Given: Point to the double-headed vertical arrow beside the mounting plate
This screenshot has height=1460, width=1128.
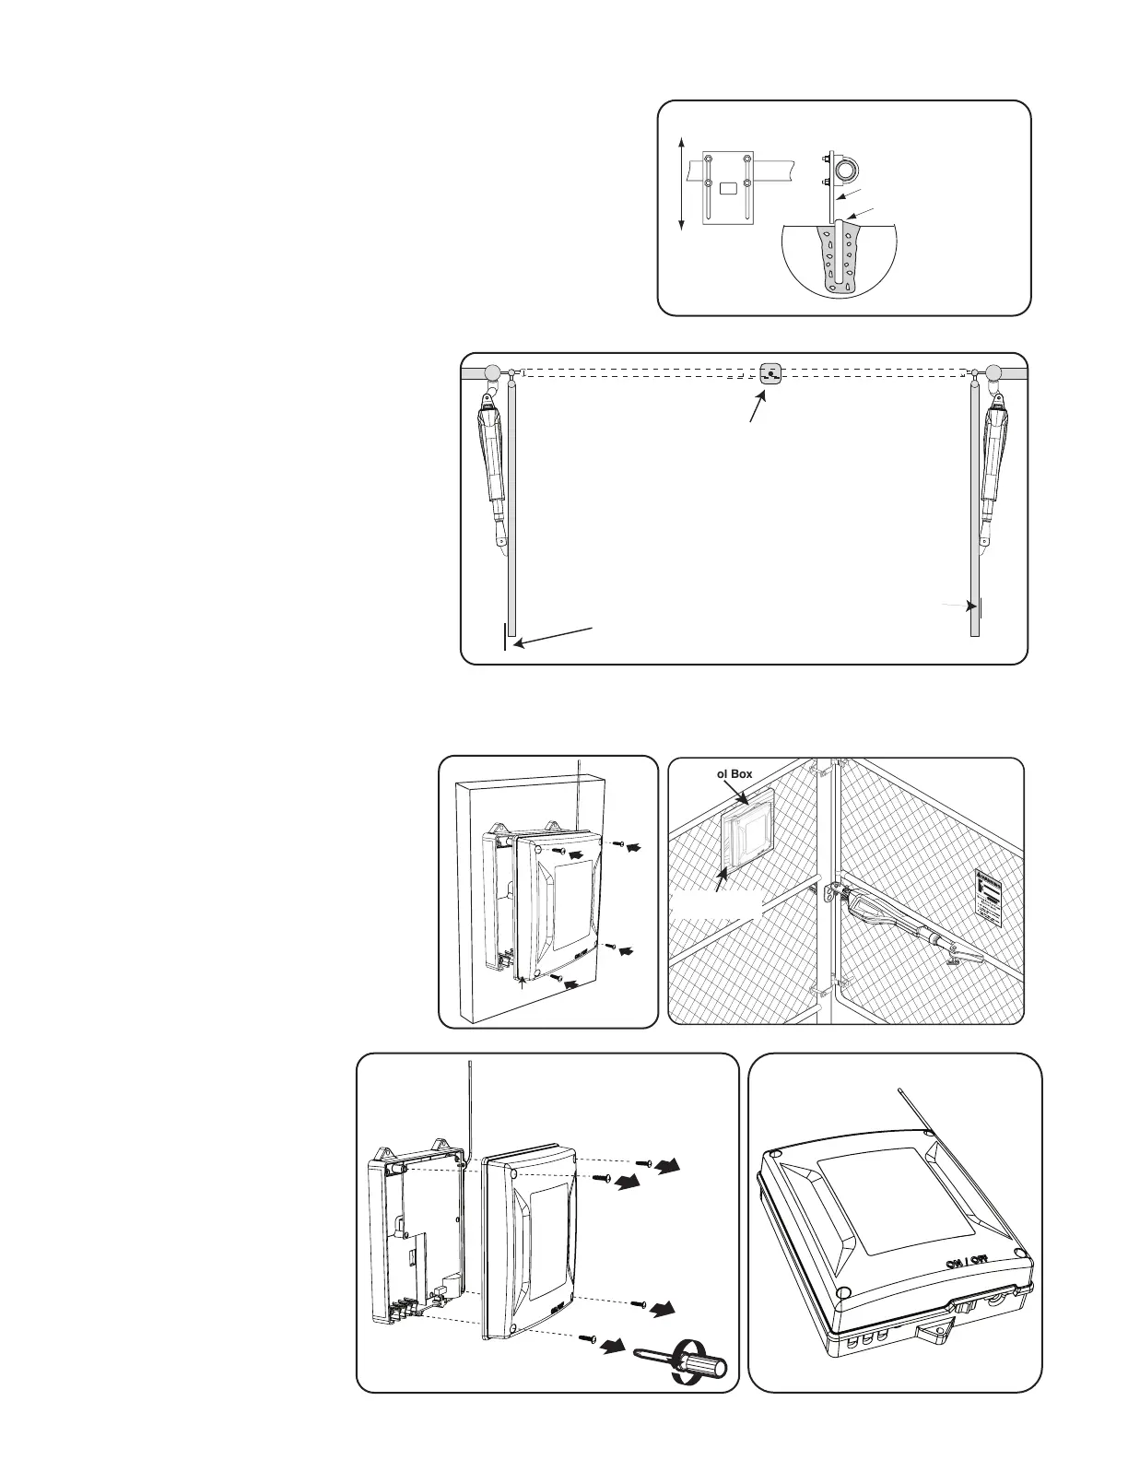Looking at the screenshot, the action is tap(681, 182).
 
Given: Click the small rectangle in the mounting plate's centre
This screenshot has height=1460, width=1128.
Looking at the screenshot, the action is tap(728, 188).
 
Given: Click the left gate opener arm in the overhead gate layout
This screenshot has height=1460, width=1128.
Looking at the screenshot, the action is tap(490, 470).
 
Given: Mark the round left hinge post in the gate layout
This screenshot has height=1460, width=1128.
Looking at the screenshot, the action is tap(493, 372).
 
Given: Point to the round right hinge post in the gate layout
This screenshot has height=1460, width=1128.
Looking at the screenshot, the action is tap(993, 372).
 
